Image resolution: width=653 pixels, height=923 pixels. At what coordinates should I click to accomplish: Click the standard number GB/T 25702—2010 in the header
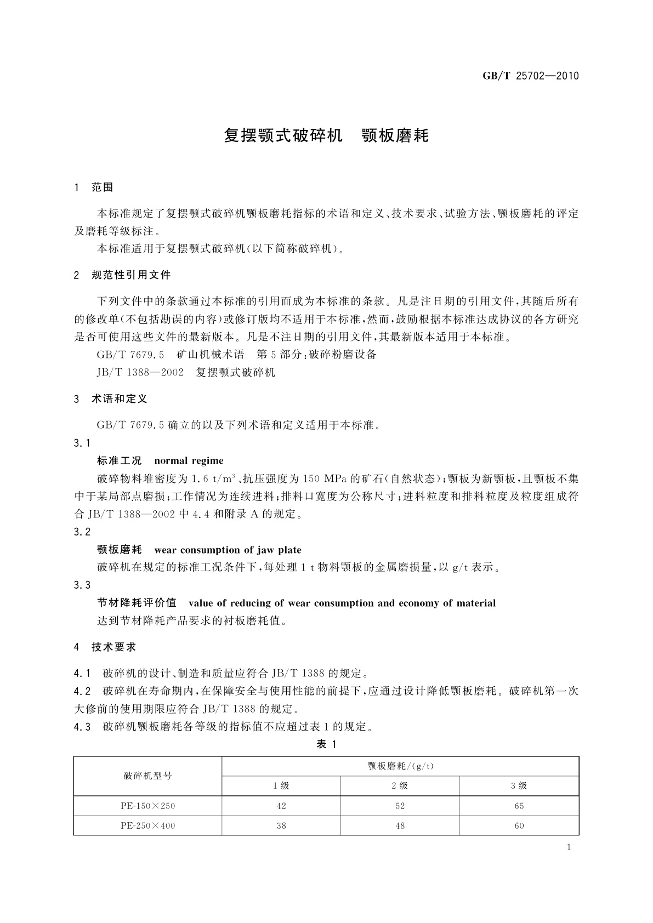click(x=530, y=76)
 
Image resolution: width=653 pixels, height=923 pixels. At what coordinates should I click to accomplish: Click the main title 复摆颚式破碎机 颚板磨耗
click(x=326, y=135)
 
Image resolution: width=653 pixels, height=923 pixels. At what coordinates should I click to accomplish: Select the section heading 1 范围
click(x=94, y=187)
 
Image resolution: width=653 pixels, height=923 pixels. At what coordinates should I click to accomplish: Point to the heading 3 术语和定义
click(x=111, y=399)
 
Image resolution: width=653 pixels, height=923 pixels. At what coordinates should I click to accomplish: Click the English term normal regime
click(x=189, y=460)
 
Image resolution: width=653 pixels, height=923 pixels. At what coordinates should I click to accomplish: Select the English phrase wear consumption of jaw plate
click(x=228, y=550)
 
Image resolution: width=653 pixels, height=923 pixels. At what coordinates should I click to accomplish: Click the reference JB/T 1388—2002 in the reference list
click(x=140, y=373)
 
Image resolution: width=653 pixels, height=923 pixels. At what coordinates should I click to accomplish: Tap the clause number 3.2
click(x=82, y=532)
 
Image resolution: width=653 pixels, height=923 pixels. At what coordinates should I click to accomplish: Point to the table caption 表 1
click(x=326, y=744)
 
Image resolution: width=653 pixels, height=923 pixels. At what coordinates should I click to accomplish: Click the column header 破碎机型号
click(x=147, y=776)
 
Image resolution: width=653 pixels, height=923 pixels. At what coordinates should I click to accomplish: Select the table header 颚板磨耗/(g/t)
click(x=400, y=766)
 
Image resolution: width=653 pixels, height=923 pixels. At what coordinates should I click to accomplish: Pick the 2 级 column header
click(x=400, y=785)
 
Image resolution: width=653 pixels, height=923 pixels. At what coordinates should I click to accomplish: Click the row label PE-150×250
click(x=147, y=806)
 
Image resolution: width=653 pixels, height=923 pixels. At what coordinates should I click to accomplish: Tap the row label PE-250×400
click(x=147, y=825)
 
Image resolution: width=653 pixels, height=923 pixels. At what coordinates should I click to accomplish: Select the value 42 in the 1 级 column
click(x=281, y=806)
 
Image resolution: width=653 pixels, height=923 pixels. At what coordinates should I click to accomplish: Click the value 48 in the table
click(x=400, y=825)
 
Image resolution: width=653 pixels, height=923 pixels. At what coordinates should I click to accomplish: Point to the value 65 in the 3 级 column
click(x=519, y=806)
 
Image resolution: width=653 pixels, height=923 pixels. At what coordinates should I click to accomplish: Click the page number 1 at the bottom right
click(x=569, y=847)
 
